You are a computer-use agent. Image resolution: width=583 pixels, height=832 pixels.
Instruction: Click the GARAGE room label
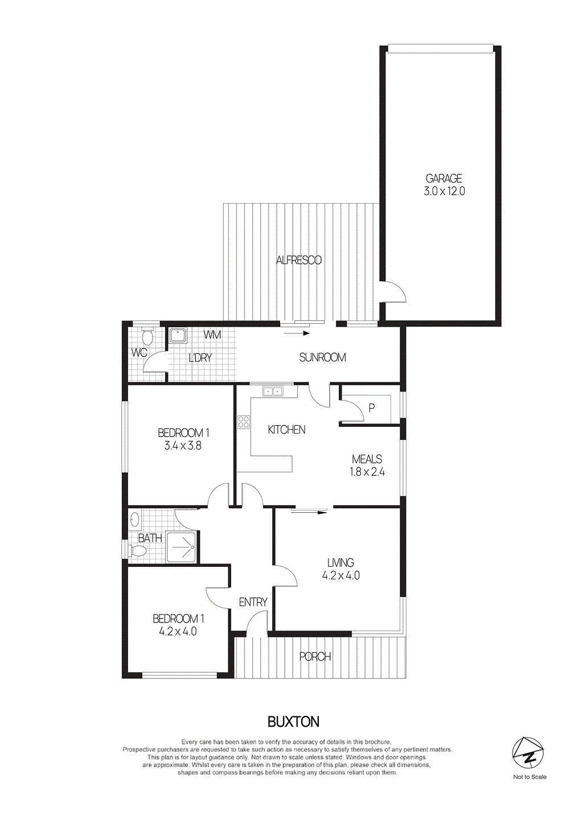click(x=444, y=178)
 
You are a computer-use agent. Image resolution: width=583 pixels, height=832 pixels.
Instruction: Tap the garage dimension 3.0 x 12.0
click(x=444, y=191)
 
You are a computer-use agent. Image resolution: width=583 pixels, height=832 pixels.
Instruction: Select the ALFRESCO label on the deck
click(x=299, y=260)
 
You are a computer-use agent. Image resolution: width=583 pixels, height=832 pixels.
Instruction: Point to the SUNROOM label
click(x=322, y=357)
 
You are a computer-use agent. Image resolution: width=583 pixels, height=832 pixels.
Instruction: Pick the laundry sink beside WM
click(x=178, y=335)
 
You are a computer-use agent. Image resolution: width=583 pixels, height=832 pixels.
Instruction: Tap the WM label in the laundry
click(x=212, y=335)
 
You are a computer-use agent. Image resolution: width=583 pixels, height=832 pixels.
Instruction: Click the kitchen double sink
click(x=273, y=392)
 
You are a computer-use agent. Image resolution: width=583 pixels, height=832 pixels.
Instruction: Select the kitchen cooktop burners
click(x=244, y=422)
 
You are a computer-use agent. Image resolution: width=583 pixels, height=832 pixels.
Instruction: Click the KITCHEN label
click(x=286, y=430)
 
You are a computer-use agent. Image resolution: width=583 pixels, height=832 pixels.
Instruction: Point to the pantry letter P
click(x=372, y=407)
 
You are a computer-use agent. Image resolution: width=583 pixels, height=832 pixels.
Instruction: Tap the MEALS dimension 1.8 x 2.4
click(x=367, y=472)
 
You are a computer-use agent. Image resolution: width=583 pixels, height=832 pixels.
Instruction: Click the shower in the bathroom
click(x=182, y=547)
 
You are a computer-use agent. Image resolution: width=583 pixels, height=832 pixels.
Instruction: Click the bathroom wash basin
click(x=135, y=519)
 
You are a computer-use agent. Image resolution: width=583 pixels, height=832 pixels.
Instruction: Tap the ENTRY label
click(x=253, y=602)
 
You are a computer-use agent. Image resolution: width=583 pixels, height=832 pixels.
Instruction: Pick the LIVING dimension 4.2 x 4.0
click(x=341, y=575)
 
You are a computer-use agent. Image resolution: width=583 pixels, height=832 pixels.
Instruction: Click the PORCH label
click(x=315, y=657)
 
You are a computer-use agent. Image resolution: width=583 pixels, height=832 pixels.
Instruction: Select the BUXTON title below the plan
click(x=293, y=722)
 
